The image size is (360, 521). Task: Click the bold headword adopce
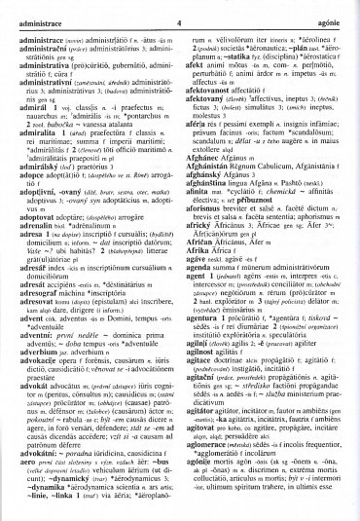[x=20, y=204]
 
